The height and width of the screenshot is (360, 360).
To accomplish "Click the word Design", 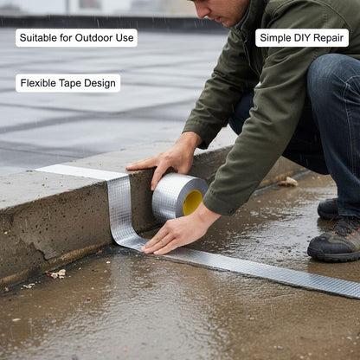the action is click(x=100, y=83).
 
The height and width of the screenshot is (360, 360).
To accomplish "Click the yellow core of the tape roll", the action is click(x=192, y=202).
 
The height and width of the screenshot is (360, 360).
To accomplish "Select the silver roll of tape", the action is click(x=179, y=197).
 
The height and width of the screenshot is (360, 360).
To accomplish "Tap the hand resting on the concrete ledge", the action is click(x=167, y=162).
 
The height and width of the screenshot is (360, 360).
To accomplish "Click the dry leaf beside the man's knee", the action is click(x=289, y=182).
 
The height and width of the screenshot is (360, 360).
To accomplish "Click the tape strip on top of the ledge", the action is click(x=80, y=171).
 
